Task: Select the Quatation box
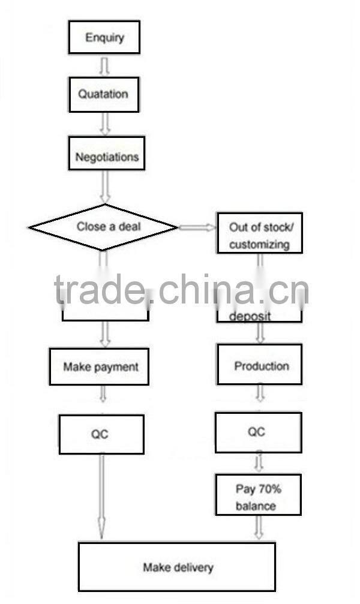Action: tap(104, 94)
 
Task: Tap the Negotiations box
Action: tap(107, 157)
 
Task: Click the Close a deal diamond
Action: tap(103, 227)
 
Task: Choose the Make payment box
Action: tap(100, 366)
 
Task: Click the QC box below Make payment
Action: tap(101, 434)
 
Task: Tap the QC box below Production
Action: tap(259, 432)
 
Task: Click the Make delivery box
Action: tap(177, 566)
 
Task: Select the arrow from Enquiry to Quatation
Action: tap(104, 67)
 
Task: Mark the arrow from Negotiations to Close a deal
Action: tap(104, 186)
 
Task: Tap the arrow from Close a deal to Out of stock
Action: tap(197, 227)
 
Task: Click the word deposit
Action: tap(250, 316)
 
